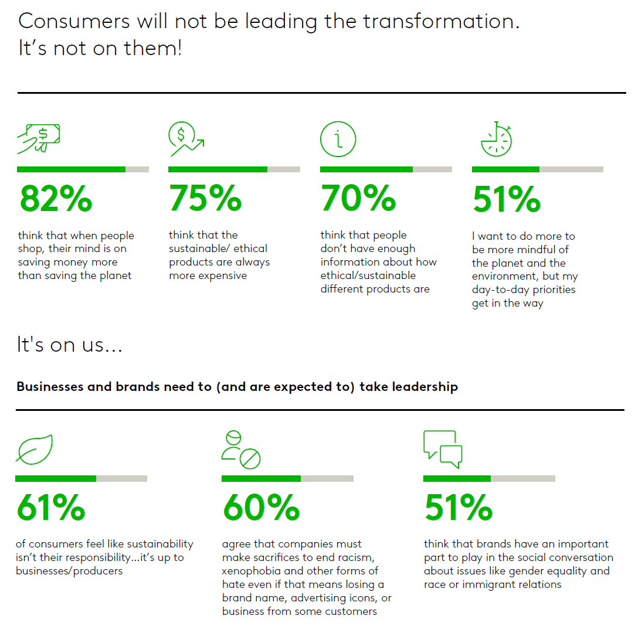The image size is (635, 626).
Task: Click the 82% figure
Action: (x=56, y=199)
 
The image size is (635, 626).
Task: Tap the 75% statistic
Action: (x=205, y=199)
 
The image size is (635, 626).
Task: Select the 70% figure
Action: (x=358, y=199)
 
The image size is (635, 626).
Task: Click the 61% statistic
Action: (x=51, y=507)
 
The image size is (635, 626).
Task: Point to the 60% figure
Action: (x=261, y=507)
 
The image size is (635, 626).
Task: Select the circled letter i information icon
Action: (x=338, y=139)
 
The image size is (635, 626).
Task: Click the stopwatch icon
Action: (x=496, y=140)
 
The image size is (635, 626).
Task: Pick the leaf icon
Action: (x=35, y=449)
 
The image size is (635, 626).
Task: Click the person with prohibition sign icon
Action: (x=240, y=450)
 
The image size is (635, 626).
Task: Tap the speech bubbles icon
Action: (x=443, y=449)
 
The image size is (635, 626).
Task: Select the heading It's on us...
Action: (x=69, y=345)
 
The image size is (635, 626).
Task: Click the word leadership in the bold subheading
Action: (x=425, y=387)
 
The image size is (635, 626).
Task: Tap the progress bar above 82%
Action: (x=83, y=169)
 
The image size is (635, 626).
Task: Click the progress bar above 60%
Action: (x=287, y=478)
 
